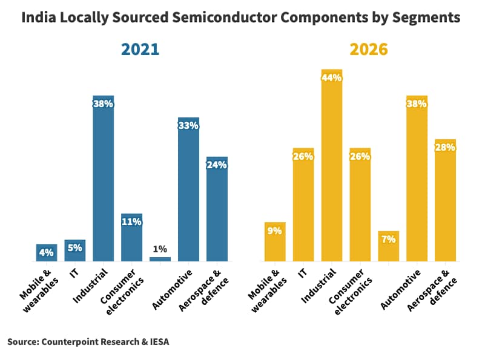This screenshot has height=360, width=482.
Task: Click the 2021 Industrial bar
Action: point(103,182)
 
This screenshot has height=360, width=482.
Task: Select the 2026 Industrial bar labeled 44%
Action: point(332,169)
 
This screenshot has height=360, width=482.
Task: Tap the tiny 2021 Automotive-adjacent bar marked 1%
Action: point(160,259)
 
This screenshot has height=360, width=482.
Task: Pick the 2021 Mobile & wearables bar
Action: point(47,254)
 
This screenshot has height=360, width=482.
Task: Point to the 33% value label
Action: point(188,126)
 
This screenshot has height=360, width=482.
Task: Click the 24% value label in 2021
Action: point(217,165)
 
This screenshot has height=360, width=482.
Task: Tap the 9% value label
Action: point(275,230)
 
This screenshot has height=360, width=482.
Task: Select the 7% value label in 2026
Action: point(388,239)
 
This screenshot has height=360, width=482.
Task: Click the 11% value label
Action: point(131,221)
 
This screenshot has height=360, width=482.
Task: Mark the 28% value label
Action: point(445,148)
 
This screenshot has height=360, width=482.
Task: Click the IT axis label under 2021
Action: point(74,273)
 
